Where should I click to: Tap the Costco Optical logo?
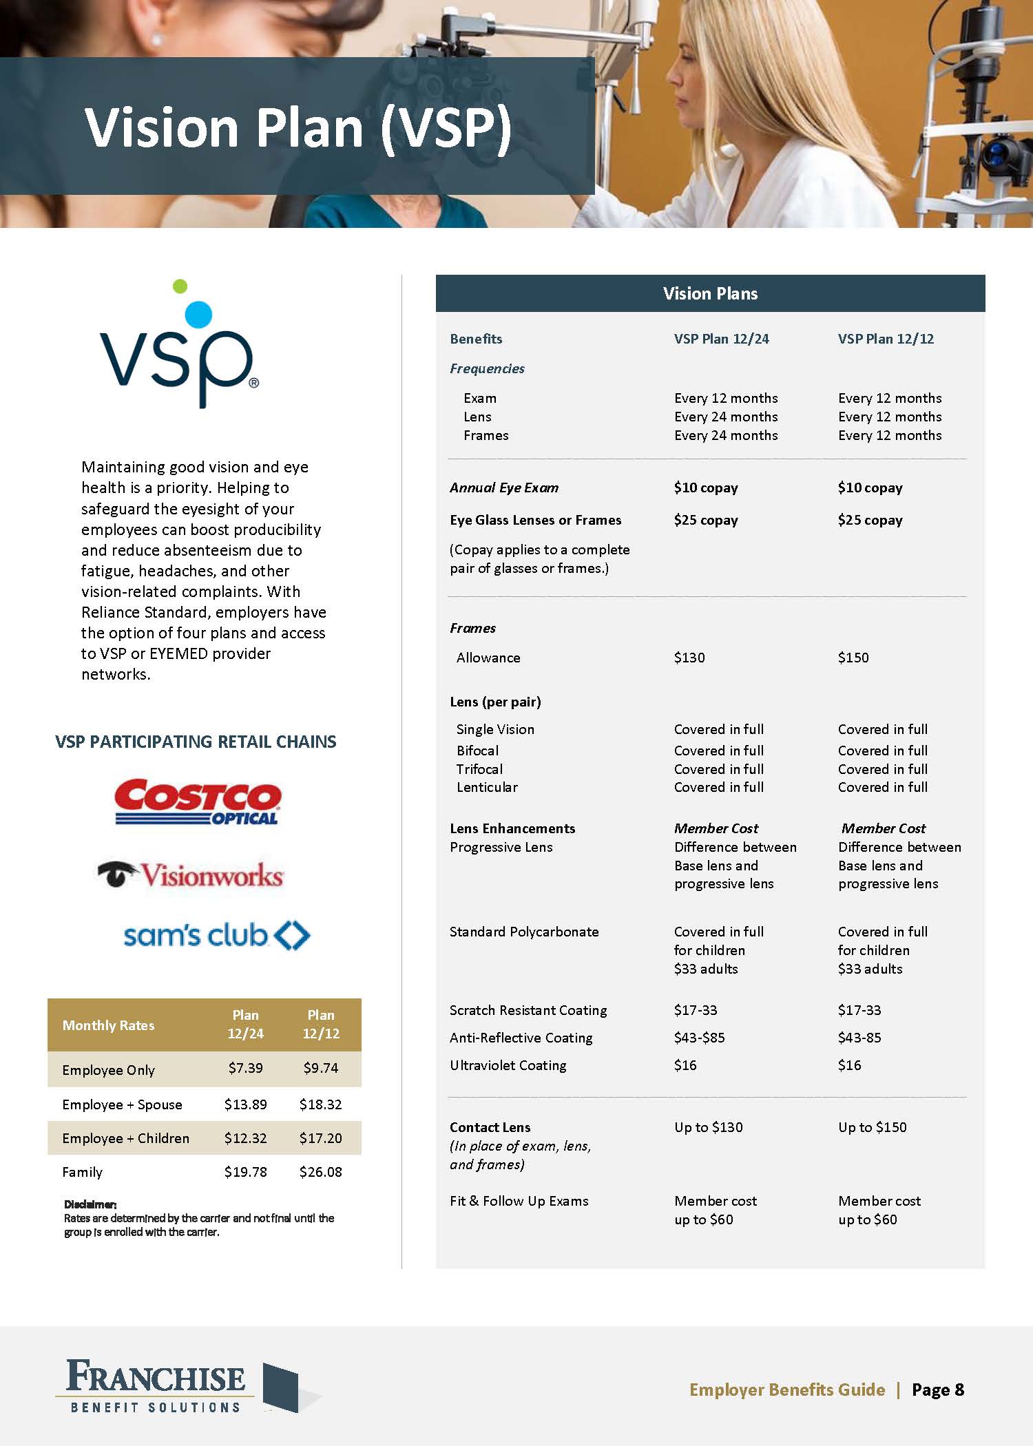point(198,801)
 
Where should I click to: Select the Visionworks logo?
point(191,875)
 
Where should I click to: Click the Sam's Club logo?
point(216,935)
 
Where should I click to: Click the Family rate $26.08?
point(320,1172)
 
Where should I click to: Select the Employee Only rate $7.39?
point(245,1068)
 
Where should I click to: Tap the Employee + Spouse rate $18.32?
point(320,1104)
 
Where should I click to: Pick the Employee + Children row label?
point(125,1138)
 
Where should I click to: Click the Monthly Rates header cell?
point(108,1025)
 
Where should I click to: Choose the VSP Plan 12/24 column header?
point(721,339)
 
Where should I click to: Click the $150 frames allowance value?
point(853,658)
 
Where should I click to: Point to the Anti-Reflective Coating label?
point(521,1038)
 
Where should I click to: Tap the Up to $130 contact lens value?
point(708,1127)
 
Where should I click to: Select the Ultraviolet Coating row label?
point(508,1065)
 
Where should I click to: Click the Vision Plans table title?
point(710,293)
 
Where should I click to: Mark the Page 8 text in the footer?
point(937,1390)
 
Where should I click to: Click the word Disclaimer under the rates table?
point(90,1204)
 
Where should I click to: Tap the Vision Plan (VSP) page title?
point(298,127)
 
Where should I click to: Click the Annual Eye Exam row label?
point(504,488)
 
